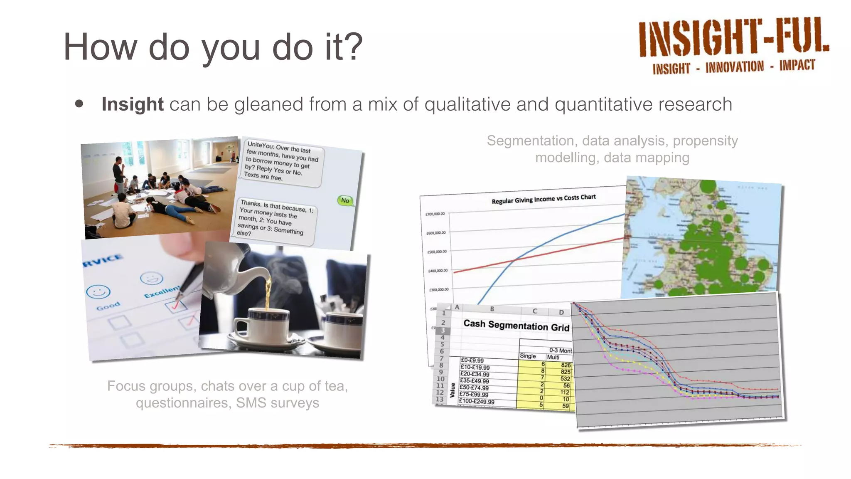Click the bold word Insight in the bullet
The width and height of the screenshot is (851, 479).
(132, 104)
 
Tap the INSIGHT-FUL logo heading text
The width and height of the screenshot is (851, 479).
(733, 38)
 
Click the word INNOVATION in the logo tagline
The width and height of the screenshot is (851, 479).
(734, 67)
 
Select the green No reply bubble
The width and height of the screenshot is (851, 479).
(345, 201)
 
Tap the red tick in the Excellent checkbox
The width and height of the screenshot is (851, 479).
(176, 306)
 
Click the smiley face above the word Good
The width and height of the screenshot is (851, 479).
(98, 292)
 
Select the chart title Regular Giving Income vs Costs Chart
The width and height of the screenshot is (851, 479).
(543, 199)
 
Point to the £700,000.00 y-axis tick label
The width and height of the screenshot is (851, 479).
(435, 214)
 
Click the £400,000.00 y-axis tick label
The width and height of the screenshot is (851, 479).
(438, 271)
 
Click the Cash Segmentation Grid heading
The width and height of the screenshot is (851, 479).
(516, 325)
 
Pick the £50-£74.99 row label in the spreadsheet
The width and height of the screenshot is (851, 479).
(474, 388)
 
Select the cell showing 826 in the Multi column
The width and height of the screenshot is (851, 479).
(565, 365)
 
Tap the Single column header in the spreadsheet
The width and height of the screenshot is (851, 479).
(527, 356)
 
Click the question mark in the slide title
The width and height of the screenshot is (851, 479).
(353, 47)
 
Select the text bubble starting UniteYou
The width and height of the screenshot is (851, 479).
(281, 161)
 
